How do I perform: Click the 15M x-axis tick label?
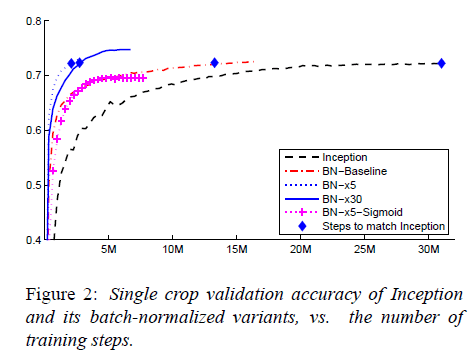tap(237, 249)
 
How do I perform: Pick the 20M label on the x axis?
tap(301, 249)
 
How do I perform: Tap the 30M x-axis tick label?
tap(429, 249)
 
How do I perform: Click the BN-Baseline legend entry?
tap(354, 172)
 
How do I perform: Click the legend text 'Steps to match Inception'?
tap(384, 227)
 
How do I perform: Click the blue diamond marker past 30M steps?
tap(441, 64)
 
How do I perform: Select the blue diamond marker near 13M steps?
tap(214, 64)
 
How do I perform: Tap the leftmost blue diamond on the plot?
tap(71, 64)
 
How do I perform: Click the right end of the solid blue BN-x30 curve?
tap(130, 49)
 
